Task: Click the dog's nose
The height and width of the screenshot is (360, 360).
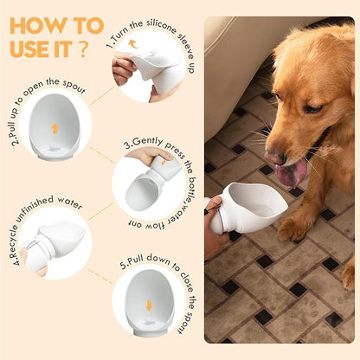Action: [275, 157]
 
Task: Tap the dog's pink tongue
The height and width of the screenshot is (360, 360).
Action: [291, 172]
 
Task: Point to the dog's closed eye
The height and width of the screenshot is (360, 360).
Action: [313, 109]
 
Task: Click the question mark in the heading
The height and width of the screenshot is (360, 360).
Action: [82, 49]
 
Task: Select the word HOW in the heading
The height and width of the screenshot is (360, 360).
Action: [37, 26]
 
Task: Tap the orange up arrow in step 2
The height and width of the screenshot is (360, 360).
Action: [55, 128]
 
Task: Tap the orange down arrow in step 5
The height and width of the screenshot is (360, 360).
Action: [149, 305]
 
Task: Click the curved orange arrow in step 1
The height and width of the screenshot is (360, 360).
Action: [132, 43]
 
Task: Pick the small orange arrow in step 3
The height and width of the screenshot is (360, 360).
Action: [164, 163]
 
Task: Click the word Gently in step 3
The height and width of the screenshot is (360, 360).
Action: [147, 142]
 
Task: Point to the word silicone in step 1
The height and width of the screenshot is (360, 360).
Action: [161, 25]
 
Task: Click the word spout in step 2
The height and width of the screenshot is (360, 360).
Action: [74, 86]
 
